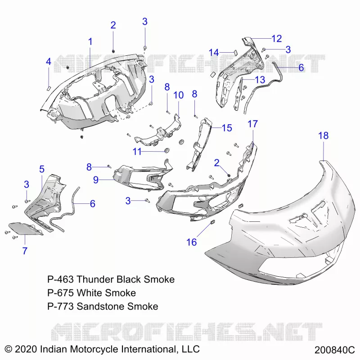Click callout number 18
click(323, 136)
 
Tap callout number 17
click(252, 124)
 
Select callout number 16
click(192, 242)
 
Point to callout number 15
click(227, 128)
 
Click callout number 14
click(214, 53)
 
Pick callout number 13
click(260, 80)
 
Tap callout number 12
click(276, 39)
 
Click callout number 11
click(137, 152)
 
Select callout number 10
click(178, 95)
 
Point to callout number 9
click(96, 180)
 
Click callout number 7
click(25, 251)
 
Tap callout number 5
click(41, 169)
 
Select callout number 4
click(48, 62)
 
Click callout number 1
click(90, 42)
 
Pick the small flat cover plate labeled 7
click(25, 229)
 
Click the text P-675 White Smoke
click(91, 293)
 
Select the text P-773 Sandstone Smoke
click(103, 306)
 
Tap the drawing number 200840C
click(334, 350)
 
